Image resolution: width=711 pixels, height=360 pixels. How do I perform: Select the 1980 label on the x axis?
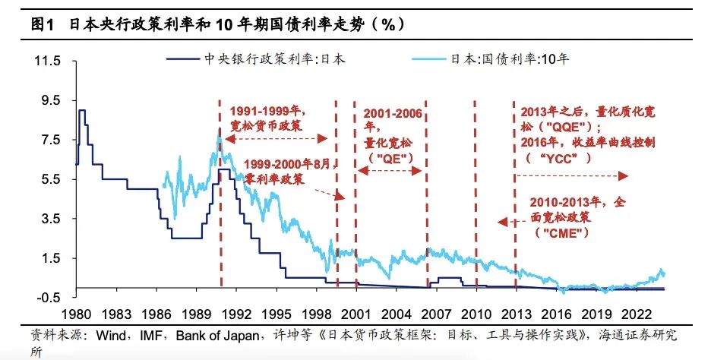tap(76, 312)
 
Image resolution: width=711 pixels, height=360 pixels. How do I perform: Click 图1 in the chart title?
tap(43, 24)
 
